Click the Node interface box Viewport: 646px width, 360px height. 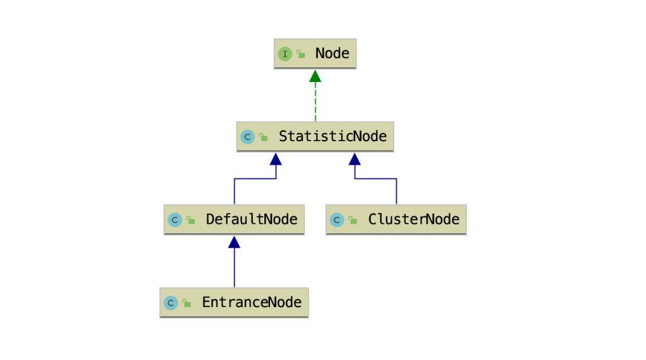(315, 54)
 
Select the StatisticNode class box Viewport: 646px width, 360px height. (315, 136)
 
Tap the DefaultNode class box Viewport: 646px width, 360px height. (234, 219)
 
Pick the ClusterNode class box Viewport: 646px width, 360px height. (396, 219)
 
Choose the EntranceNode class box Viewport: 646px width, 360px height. (234, 303)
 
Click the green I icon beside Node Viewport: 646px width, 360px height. (285, 54)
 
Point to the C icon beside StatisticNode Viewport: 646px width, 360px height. (247, 137)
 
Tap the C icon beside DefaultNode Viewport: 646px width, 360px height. (175, 219)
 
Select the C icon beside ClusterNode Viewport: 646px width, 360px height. (337, 219)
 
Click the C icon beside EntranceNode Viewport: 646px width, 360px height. (170, 303)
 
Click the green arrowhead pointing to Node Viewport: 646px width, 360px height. (315, 76)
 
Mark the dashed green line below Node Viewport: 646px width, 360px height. (315, 102)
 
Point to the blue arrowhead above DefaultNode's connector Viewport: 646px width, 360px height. (276, 160)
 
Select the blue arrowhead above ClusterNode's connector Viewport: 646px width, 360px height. (355, 160)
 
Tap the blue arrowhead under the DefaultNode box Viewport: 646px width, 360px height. (234, 242)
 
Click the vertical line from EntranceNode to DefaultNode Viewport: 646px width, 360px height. (235, 268)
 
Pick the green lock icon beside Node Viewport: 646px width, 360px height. (301, 54)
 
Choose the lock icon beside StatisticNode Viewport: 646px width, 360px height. (264, 137)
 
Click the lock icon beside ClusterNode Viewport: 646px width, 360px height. (353, 220)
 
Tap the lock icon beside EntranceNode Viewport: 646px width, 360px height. (187, 303)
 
